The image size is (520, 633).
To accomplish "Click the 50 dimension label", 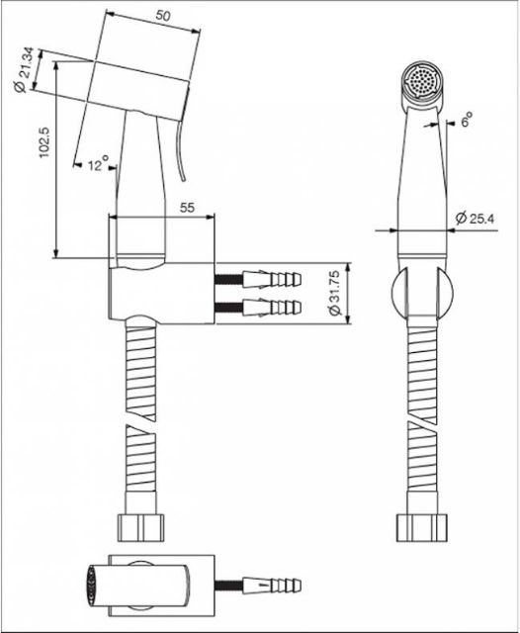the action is [163, 16].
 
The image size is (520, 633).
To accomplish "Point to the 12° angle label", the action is [97, 163].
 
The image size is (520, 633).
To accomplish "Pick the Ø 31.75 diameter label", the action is [335, 293].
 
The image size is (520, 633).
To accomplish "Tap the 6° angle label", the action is [467, 120].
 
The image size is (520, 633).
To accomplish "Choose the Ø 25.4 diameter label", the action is [475, 218].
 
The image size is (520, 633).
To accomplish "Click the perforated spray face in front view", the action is [423, 81].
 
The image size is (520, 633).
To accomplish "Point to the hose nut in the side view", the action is [140, 527].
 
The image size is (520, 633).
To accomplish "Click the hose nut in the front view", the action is [421, 527].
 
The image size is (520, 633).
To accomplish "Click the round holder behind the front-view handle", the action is [422, 292].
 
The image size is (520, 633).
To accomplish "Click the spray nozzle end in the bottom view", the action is [92, 585].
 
